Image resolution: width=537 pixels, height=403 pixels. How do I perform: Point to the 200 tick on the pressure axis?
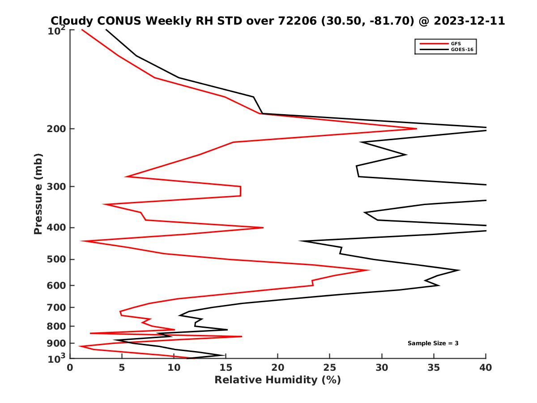[57, 129]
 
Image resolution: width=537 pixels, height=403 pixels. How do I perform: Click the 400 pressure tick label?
[57, 227]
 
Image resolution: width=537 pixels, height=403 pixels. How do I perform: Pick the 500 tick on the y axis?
[57, 259]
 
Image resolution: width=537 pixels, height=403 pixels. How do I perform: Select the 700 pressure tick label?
[57, 307]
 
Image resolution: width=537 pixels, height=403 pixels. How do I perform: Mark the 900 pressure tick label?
[57, 343]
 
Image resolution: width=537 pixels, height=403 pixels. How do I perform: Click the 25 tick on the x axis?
[330, 368]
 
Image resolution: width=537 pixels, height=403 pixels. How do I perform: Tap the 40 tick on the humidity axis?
[486, 368]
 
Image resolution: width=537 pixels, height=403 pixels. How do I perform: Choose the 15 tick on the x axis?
[226, 368]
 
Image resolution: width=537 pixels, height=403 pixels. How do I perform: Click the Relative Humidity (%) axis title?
[277, 380]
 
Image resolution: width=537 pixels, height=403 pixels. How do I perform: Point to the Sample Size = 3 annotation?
[433, 343]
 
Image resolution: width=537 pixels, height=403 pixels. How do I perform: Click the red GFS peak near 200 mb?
[417, 129]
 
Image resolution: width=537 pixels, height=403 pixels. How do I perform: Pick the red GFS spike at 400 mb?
[263, 227]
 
